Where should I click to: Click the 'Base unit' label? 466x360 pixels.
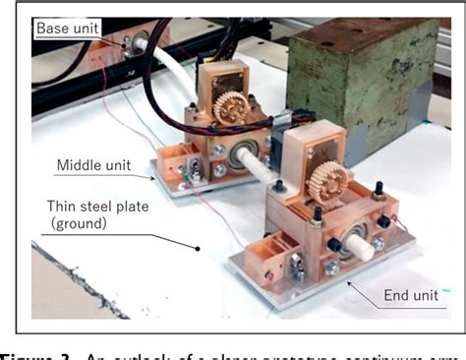[x=68, y=29]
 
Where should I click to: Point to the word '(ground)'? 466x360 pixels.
[x=81, y=226]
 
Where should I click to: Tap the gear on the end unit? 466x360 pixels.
[x=331, y=180]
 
